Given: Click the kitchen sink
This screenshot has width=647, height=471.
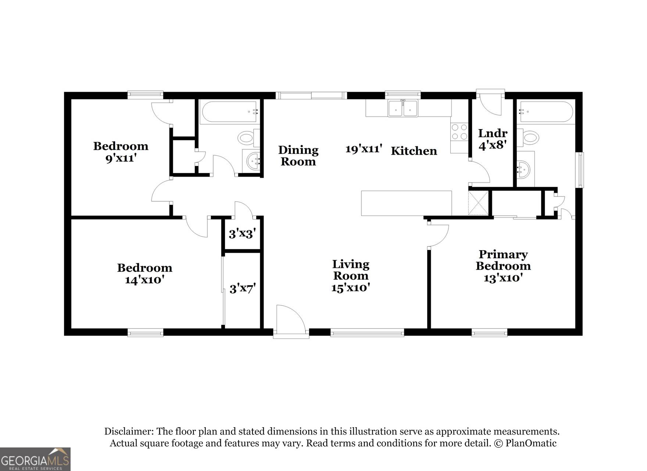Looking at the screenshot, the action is click(x=403, y=108).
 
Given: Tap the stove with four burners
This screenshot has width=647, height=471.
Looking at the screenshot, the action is click(x=459, y=132).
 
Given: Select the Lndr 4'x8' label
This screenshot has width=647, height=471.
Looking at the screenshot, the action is click(x=493, y=139).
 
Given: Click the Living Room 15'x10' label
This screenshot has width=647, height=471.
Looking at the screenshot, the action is click(x=351, y=276).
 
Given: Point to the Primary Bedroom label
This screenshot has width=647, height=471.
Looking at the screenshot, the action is click(x=503, y=260).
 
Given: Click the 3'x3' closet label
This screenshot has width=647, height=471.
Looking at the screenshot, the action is click(x=242, y=233).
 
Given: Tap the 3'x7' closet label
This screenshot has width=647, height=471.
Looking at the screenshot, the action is click(x=243, y=288).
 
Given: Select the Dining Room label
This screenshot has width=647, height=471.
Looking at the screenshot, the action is click(x=298, y=156).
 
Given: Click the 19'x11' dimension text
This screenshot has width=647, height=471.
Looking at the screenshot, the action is click(x=364, y=149).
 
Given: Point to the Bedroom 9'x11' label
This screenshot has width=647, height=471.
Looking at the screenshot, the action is click(x=121, y=152).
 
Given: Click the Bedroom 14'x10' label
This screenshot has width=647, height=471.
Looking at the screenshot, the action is click(x=144, y=273).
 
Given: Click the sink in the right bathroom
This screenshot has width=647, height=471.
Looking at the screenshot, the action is click(x=524, y=170).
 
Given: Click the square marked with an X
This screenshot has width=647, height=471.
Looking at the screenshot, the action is click(x=478, y=203).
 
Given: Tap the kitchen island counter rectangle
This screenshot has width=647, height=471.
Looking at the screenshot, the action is click(x=406, y=203).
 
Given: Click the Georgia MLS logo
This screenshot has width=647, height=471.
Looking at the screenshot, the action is click(x=35, y=459).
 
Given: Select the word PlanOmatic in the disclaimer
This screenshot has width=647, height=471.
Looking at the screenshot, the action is click(x=531, y=443).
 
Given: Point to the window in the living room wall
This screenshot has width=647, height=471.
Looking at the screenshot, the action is click(x=367, y=333).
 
